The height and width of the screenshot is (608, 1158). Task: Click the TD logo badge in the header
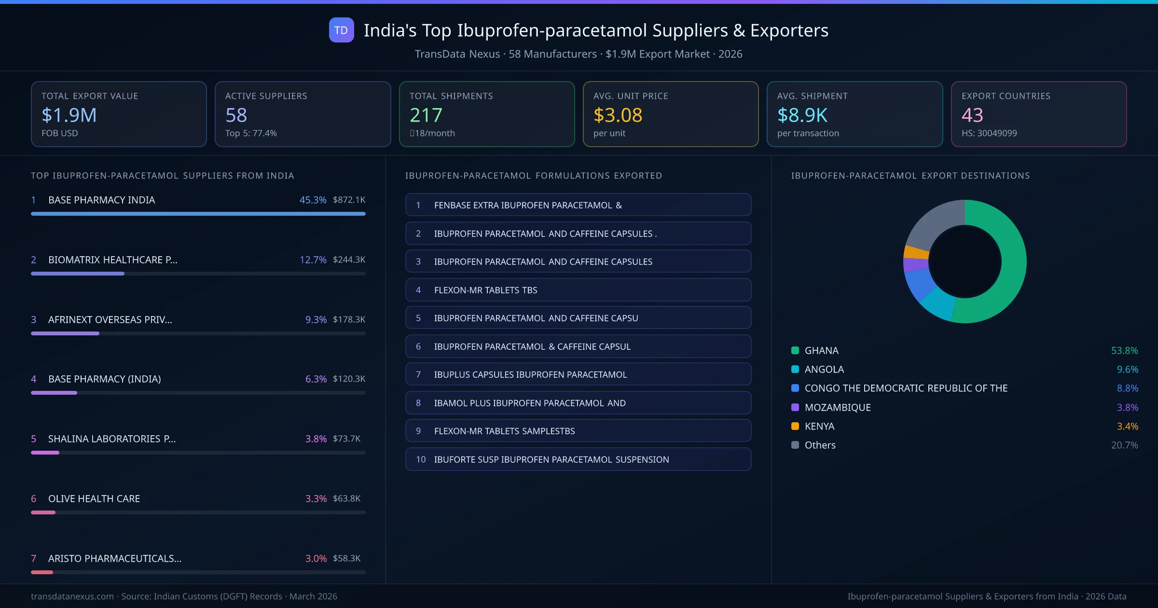pos(341,30)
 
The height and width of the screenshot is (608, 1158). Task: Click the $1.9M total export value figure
pos(69,115)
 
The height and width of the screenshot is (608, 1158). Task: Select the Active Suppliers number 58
pos(236,115)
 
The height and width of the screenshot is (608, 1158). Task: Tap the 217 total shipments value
pos(426,115)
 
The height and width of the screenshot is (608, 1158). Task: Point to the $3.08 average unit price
pos(618,115)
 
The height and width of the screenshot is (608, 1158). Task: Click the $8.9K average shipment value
pos(802,115)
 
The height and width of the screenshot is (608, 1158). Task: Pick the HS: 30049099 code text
pos(989,133)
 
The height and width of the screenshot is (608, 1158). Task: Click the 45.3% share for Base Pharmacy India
pos(313,200)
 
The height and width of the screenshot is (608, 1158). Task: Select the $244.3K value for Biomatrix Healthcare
pos(349,260)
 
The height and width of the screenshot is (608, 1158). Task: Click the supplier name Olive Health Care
pos(94,498)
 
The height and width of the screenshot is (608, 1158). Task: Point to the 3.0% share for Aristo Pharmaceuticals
pos(316,558)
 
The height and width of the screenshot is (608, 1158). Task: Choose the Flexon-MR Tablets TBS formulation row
pos(578,290)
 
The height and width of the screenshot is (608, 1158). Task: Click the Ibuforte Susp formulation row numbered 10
pos(578,459)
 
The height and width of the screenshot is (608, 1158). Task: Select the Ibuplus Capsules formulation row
pos(578,374)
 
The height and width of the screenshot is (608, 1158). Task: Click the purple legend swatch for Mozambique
pos(795,407)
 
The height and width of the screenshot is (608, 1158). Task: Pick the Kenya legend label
pos(819,426)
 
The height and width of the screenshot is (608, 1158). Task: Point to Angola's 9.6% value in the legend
pos(1127,369)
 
